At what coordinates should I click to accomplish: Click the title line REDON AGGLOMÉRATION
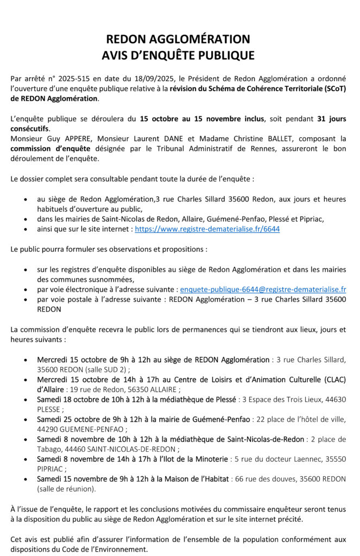point(178,39)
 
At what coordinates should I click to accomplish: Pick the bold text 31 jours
point(331,118)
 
